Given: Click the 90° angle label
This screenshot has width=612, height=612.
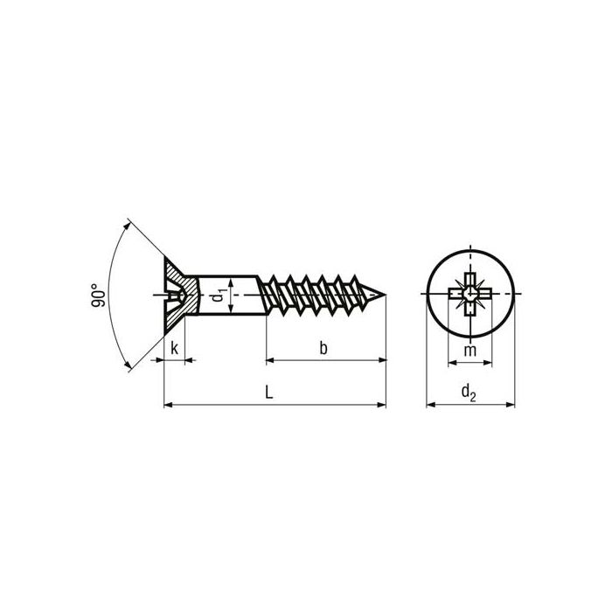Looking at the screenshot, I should [x=97, y=296].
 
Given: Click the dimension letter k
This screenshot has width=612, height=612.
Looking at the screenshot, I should [x=174, y=348].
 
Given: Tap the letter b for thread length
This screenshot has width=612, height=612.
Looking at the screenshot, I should [x=323, y=348].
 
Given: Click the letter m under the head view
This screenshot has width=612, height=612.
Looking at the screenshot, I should [x=469, y=350].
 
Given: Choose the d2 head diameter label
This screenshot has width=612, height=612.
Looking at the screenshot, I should [x=469, y=395].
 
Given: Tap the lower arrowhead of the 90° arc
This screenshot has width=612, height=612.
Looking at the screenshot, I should [x=129, y=366].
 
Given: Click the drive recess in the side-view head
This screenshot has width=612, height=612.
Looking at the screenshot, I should [x=175, y=297].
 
